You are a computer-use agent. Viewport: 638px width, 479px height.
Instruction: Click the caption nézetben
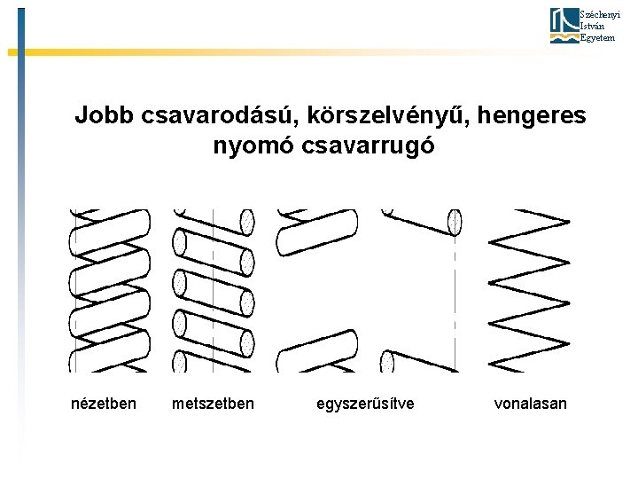[104, 404]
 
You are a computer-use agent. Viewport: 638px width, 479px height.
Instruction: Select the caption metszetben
[213, 404]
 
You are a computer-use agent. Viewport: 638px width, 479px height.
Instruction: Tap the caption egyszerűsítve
[365, 404]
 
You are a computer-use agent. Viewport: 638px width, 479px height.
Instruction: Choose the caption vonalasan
[530, 404]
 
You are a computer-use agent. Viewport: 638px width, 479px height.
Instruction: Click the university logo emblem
[564, 26]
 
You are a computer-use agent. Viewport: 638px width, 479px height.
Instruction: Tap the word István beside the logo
[590, 27]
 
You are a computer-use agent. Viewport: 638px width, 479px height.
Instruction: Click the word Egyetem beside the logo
[595, 39]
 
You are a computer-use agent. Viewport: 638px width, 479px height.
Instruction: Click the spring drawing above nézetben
[109, 290]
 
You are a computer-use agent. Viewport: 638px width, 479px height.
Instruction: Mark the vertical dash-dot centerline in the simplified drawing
[456, 293]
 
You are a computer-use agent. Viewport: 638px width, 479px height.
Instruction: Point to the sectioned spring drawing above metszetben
[213, 290]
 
